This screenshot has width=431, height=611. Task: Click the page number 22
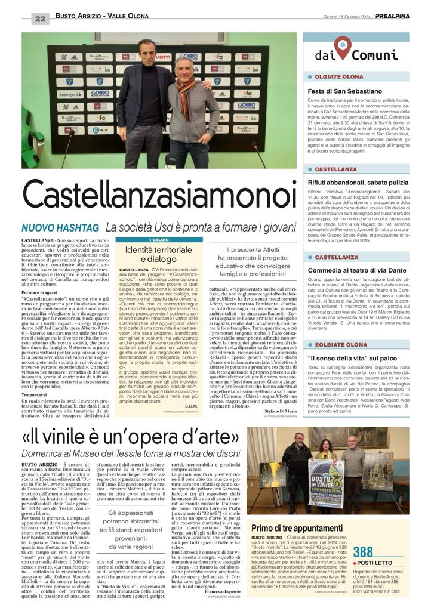pyautogui.click(x=40, y=18)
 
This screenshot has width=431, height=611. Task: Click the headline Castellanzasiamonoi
pyautogui.click(x=159, y=195)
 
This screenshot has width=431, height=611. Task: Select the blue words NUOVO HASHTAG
pyautogui.click(x=60, y=227)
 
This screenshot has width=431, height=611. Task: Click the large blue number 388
pyautogui.click(x=363, y=551)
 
